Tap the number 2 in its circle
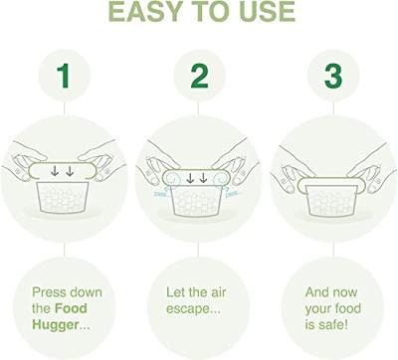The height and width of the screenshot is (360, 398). tap(199, 78)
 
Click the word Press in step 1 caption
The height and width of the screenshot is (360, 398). tap(50, 293)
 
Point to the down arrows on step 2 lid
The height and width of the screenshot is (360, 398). tap(199, 177)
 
